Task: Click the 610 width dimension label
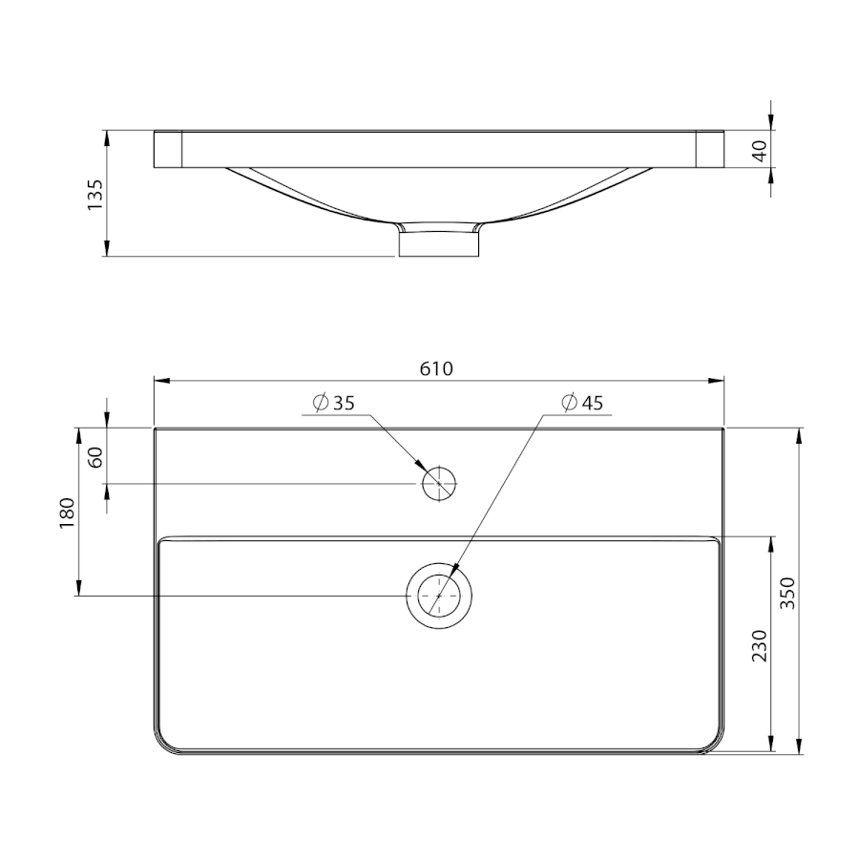(x=436, y=368)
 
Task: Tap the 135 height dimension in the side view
(x=94, y=194)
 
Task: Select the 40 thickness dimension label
(x=760, y=151)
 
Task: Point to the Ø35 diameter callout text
(x=334, y=403)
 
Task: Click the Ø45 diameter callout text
(x=582, y=403)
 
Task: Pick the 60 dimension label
(x=95, y=457)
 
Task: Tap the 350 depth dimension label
(x=787, y=593)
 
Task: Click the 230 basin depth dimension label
(x=759, y=645)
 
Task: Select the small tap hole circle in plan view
(x=439, y=468)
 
